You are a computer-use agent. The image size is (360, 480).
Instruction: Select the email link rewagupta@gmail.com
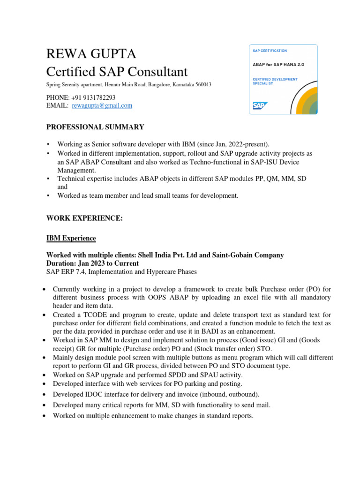click(102, 106)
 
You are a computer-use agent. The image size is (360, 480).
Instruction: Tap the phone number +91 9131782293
click(92, 97)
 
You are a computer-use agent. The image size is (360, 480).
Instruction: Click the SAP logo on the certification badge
click(260, 105)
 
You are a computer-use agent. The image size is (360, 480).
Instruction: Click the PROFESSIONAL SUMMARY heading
click(95, 127)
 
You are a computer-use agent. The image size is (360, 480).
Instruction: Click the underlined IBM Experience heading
click(71, 238)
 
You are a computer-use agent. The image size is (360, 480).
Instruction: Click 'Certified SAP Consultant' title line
click(117, 72)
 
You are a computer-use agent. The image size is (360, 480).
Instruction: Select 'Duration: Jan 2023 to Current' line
click(92, 263)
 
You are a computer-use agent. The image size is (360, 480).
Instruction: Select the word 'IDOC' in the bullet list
click(93, 394)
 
